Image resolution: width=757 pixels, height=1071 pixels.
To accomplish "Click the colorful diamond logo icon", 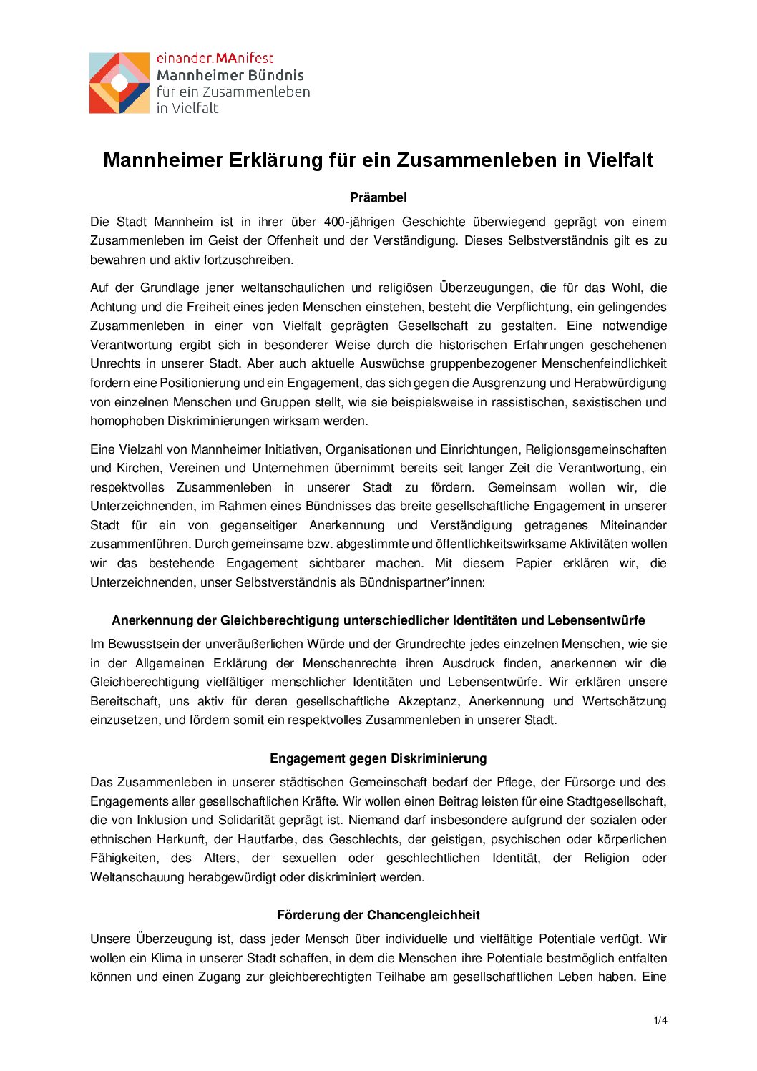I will [119, 83].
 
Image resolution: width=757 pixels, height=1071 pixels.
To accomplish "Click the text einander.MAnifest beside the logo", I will [215, 59].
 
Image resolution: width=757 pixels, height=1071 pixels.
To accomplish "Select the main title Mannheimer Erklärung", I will [378, 160].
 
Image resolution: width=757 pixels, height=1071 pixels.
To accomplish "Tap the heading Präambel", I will [378, 197].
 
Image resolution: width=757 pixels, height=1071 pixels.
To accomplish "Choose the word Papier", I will [533, 564].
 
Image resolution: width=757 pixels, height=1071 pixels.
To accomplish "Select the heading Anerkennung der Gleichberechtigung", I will [378, 621].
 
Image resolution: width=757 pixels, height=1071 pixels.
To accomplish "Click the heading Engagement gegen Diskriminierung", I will [378, 759].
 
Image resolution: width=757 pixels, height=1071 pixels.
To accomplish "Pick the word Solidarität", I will [250, 821].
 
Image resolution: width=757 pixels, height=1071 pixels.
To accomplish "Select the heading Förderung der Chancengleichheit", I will [378, 916].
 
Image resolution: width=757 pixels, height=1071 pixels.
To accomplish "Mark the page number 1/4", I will [660, 1021].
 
